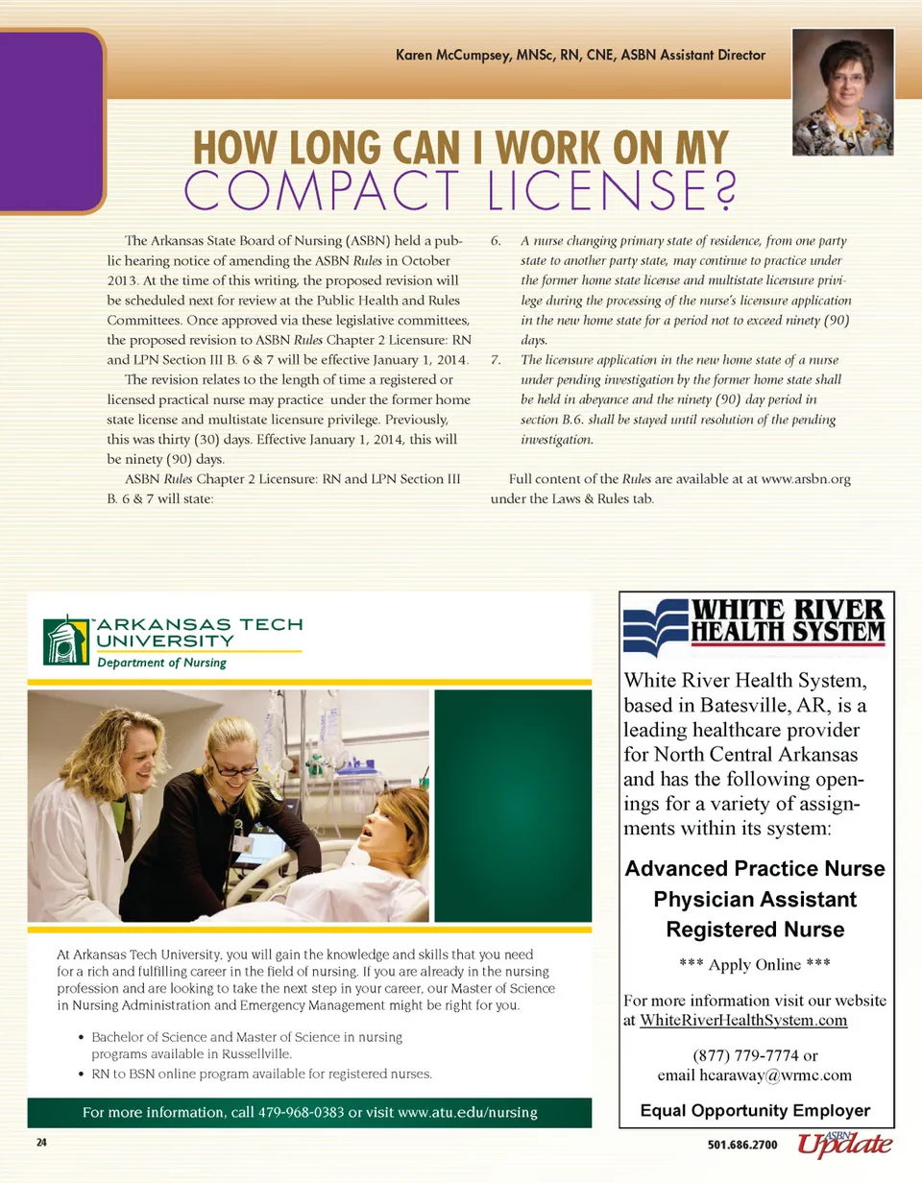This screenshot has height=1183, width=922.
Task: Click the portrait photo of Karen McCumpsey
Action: click(843, 92)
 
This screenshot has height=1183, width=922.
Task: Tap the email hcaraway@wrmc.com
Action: click(755, 1074)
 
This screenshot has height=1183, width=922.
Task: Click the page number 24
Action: click(42, 1144)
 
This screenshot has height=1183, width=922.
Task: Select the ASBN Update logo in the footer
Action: click(845, 1144)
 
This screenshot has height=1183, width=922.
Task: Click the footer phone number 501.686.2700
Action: click(742, 1145)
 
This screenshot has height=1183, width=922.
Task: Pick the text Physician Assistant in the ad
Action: click(755, 900)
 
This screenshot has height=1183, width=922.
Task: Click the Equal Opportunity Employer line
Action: click(755, 1111)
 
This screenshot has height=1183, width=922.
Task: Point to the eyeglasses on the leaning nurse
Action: click(231, 767)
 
